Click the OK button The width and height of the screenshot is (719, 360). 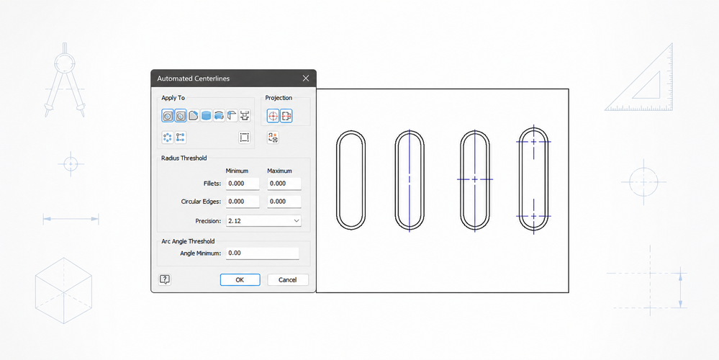click(240, 280)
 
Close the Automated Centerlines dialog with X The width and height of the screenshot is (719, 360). click(306, 78)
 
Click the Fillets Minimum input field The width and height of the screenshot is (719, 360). click(243, 184)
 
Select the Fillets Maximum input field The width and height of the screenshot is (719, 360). click(284, 184)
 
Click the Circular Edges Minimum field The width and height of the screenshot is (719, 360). click(243, 202)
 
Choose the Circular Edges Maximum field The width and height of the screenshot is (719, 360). click(284, 202)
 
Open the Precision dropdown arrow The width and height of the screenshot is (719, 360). click(297, 220)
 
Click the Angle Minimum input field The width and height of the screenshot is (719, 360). click(262, 253)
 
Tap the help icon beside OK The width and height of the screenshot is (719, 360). click(165, 280)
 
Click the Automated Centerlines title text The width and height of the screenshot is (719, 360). click(193, 78)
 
